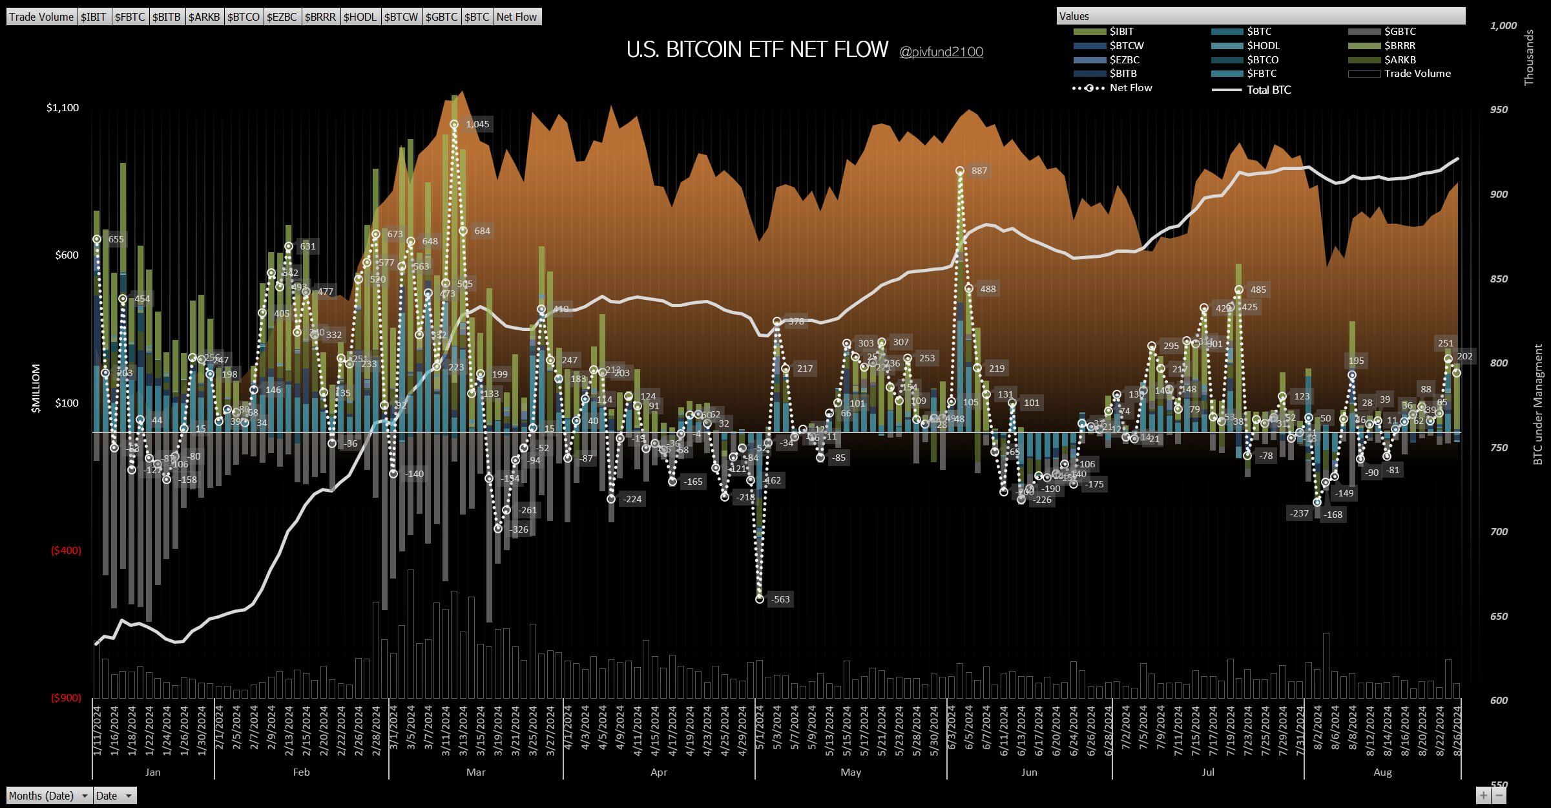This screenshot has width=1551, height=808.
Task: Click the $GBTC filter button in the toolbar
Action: pos(441,17)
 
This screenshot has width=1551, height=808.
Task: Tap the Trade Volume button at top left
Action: pos(41,17)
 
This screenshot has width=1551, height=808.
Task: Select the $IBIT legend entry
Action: pos(1121,31)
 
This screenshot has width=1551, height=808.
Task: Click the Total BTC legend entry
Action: pos(1268,90)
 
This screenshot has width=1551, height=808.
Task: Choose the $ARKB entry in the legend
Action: pos(1400,59)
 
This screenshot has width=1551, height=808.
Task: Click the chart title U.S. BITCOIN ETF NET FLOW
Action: pos(757,50)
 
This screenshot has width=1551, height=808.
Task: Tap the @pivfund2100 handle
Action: pos(941,52)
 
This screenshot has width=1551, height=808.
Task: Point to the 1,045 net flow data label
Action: pos(477,124)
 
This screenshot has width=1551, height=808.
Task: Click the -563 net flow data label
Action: pos(780,599)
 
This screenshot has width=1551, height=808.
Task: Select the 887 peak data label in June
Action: pos(979,171)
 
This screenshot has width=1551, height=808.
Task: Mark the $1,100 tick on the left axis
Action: pos(63,107)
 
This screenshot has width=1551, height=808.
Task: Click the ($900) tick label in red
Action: pos(66,698)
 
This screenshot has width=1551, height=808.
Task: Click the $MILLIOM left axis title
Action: pos(36,388)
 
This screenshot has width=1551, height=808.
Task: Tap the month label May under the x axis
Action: pos(851,772)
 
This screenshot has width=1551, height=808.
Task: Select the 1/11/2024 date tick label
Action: pos(98,730)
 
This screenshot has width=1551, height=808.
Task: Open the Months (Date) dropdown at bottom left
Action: pos(49,796)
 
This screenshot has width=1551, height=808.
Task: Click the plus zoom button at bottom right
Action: pos(1484,796)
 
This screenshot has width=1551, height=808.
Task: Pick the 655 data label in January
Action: pos(116,239)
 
